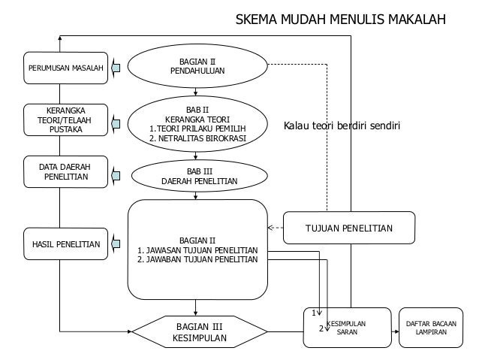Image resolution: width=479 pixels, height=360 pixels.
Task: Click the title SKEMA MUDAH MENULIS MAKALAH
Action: pos(341,19)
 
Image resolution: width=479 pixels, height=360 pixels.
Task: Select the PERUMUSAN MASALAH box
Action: pos(66,68)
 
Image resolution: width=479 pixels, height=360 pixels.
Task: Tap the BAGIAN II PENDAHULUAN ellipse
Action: pos(197,66)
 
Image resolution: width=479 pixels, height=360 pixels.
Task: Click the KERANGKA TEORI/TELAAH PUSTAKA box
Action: pos(66,119)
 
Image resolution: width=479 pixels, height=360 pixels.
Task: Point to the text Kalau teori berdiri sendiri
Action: pos(342,126)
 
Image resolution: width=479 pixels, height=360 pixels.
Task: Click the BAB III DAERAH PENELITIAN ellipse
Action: pos(199,177)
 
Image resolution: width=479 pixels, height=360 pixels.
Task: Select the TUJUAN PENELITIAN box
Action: pos(349,228)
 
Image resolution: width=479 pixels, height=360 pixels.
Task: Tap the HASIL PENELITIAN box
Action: pos(66,244)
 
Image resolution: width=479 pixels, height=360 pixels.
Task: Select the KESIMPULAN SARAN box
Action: pos(347,328)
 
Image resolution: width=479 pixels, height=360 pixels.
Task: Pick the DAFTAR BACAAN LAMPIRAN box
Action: pos(431,328)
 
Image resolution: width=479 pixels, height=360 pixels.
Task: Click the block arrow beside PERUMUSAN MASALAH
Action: pos(116,68)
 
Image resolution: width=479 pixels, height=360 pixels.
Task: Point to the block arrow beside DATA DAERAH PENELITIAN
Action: pos(116,175)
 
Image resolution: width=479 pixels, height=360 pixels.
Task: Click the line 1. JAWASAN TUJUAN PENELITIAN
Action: pos(197,250)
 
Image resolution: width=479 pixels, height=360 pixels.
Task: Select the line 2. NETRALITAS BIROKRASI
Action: pos(197,138)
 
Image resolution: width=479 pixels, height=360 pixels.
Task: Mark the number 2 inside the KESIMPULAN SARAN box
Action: pos(321,328)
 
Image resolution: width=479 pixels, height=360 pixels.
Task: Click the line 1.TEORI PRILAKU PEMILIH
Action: pos(197,129)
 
